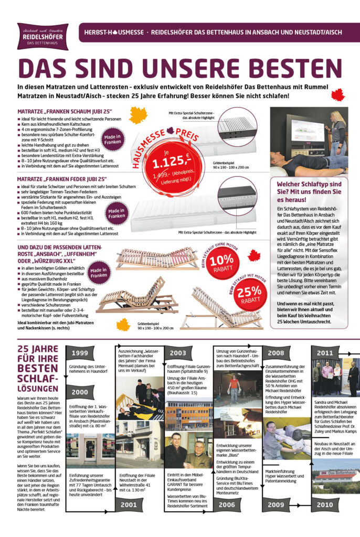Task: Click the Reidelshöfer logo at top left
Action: [43, 36]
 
